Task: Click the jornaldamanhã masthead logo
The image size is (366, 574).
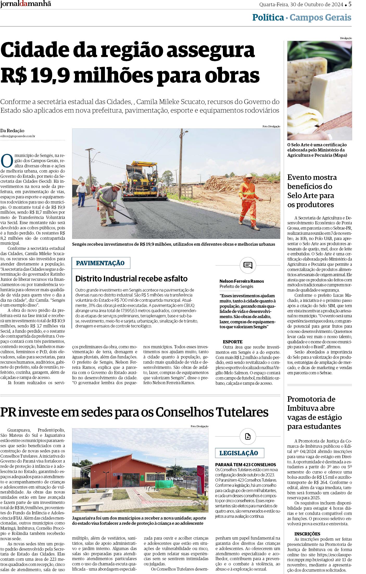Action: [x=26, y=4]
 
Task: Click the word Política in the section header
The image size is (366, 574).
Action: [x=268, y=18]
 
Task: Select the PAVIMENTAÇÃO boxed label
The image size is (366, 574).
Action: [x=100, y=263]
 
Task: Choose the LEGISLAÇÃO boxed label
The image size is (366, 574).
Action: [x=239, y=453]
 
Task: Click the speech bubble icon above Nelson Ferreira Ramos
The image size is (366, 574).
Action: [x=248, y=265]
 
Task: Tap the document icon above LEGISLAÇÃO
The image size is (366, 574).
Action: [x=248, y=437]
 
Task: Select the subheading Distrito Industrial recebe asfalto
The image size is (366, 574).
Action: [x=131, y=279]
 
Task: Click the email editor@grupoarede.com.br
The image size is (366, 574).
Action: [x=18, y=136]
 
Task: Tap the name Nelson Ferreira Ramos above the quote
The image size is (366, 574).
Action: [x=242, y=281]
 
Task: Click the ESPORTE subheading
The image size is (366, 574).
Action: [x=232, y=342]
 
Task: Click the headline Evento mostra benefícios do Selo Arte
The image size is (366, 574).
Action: [x=312, y=191]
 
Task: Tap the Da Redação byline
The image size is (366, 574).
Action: [x=12, y=131]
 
